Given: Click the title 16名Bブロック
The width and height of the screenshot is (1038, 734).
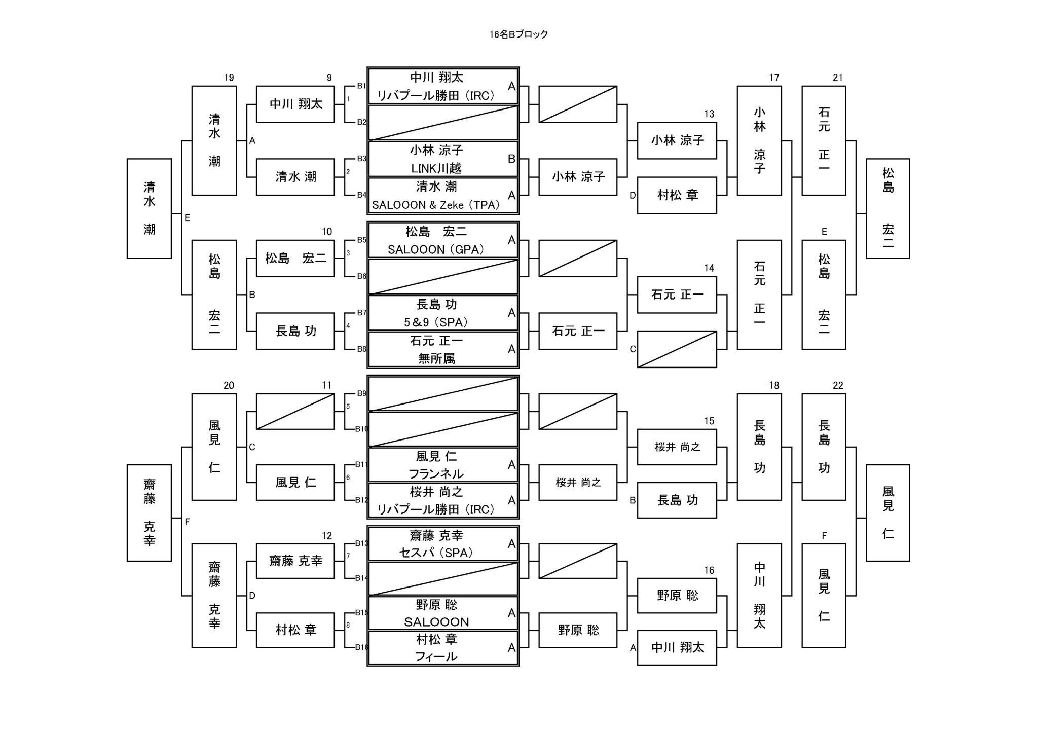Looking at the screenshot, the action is (x=518, y=34).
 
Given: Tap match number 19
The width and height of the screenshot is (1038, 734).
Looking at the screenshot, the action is (x=229, y=78).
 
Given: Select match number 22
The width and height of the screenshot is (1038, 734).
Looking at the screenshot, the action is (x=838, y=386).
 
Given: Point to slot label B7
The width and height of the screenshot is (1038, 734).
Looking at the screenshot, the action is (x=361, y=313).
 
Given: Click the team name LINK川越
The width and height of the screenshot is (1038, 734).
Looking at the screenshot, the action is (x=436, y=168).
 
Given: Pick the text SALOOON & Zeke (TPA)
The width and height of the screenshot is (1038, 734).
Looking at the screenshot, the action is (x=436, y=205).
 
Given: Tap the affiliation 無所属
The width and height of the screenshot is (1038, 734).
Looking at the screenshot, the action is (x=436, y=359).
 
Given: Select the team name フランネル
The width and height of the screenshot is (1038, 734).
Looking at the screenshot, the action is (x=436, y=474).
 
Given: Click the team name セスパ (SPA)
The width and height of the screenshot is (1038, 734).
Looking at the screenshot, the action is (x=436, y=553).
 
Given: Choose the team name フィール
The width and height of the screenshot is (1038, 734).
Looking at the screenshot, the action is (x=436, y=657).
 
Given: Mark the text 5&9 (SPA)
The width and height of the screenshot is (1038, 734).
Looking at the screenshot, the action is (x=436, y=322).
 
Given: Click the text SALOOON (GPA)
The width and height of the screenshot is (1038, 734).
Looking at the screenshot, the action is (x=436, y=249).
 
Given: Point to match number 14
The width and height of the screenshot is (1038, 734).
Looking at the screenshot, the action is (x=709, y=268).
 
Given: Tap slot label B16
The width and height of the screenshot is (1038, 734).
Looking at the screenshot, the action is (x=361, y=647).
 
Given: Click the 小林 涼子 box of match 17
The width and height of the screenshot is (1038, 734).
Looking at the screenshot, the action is (x=759, y=140).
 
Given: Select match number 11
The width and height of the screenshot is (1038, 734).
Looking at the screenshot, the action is (x=327, y=386).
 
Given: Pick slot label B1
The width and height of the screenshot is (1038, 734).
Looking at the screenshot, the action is (x=361, y=86).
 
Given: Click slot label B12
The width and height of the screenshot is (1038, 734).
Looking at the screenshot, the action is (x=361, y=500).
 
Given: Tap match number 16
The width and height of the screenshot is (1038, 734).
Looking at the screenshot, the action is (x=709, y=571).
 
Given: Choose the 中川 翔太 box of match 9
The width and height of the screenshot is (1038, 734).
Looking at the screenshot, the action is (x=295, y=104).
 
